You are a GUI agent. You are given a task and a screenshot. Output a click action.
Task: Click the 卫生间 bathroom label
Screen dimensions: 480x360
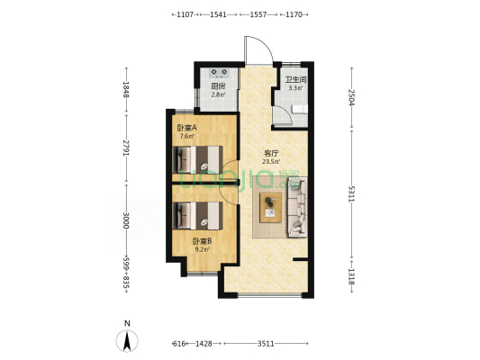[295, 80]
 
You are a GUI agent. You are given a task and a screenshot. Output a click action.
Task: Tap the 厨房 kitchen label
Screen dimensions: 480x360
[218, 86]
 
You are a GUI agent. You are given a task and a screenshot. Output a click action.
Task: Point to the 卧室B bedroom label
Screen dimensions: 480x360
[202, 241]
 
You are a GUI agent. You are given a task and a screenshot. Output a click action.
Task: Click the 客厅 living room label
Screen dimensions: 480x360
[271, 153]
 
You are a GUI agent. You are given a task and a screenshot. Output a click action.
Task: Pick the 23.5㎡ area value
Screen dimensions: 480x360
[271, 162]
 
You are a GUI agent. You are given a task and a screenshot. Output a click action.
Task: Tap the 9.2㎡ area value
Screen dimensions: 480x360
[202, 249]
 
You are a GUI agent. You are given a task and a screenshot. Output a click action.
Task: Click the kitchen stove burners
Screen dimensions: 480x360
[219, 72]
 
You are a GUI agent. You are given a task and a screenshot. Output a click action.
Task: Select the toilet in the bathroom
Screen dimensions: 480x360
[300, 109]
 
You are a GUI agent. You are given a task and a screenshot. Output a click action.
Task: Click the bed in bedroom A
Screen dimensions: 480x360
[197, 159]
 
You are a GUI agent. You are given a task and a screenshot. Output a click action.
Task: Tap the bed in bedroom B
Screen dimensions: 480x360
[197, 216]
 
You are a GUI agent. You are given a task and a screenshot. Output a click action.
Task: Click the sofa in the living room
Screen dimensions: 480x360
[297, 208]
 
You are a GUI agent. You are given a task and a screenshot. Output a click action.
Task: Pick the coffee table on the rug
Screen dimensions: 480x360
[270, 207]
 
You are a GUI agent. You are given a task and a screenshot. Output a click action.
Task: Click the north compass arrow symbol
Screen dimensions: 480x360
[127, 341]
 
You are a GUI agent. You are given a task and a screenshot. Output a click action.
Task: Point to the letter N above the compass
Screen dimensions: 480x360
[127, 323]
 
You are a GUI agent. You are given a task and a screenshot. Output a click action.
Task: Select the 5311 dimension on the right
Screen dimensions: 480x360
[351, 193]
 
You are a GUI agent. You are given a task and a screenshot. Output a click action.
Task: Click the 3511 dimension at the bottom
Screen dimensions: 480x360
[266, 344]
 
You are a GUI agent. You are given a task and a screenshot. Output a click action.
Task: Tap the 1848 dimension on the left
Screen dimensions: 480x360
[125, 89]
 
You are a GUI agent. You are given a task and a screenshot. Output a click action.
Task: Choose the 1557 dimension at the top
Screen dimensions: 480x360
[258, 14]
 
